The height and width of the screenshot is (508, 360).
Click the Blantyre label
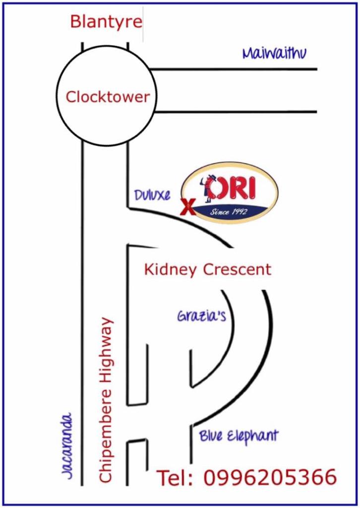pos(106,22)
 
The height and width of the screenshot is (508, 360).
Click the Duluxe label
pos(152,195)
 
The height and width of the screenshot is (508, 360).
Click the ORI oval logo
pos(230,192)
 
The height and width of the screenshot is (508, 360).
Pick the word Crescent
pos(238,270)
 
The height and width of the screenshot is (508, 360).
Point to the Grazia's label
pos(201,316)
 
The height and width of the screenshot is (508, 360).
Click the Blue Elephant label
pos(239,436)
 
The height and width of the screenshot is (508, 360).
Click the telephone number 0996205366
pos(270,477)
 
